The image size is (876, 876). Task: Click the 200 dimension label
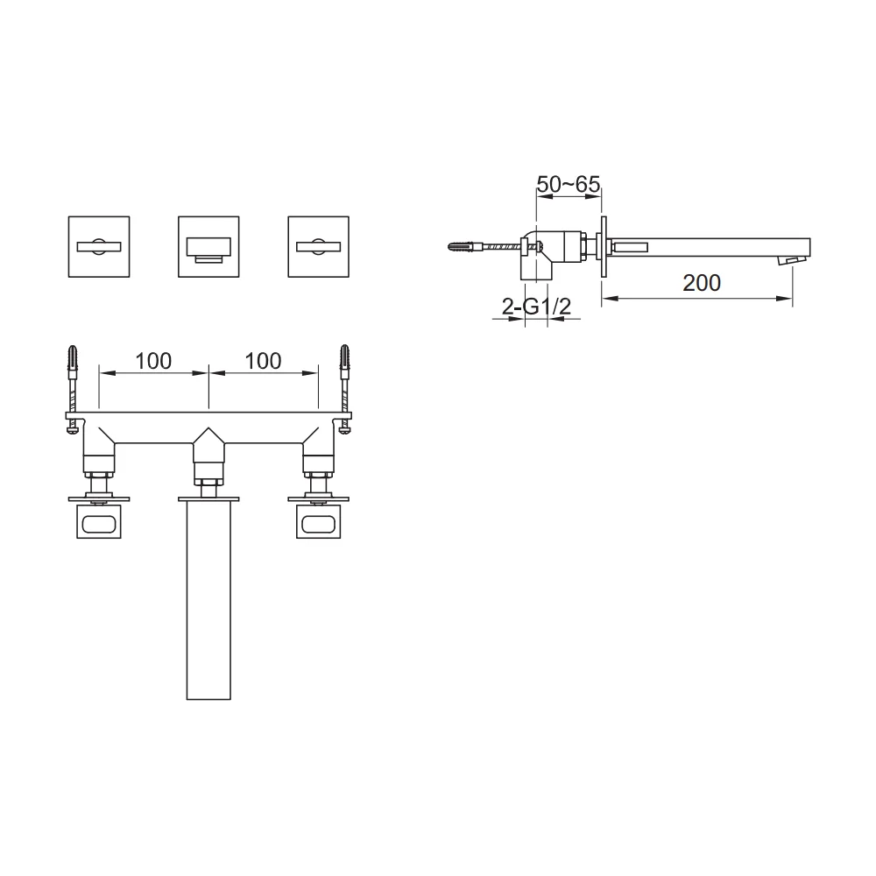pyautogui.click(x=701, y=283)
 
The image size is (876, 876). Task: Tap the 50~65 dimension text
pyautogui.click(x=569, y=184)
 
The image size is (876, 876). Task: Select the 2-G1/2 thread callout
pyautogui.click(x=536, y=306)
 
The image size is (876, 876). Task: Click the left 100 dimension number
pyautogui.click(x=153, y=361)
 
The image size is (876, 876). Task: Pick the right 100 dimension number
pyautogui.click(x=263, y=361)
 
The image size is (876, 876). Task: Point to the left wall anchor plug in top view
pyautogui.click(x=72, y=358)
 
